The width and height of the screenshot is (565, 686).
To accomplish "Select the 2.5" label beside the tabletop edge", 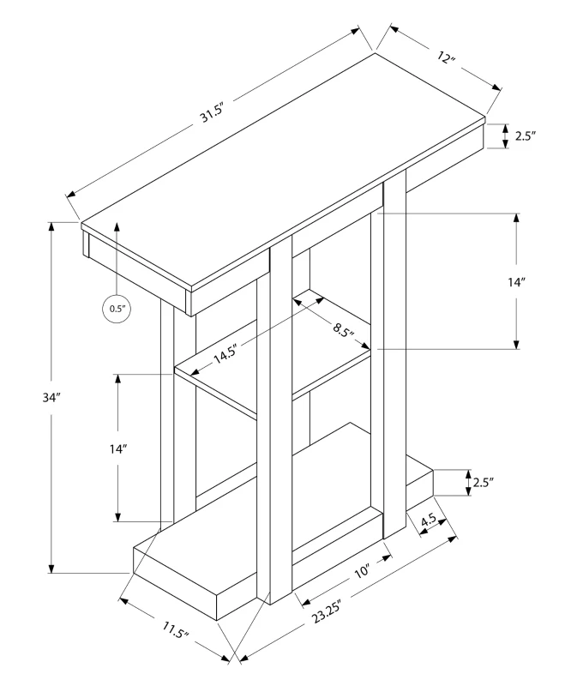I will [525, 135].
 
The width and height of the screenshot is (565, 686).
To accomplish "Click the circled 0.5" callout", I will [116, 308].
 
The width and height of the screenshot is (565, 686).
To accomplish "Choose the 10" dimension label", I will [361, 569].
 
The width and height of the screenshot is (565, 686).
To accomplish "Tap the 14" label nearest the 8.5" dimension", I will [515, 282].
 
